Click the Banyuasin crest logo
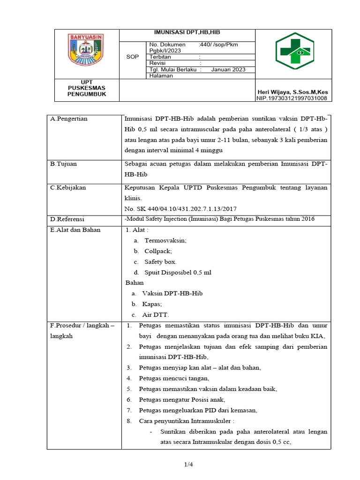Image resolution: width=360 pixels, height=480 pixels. click(87, 50)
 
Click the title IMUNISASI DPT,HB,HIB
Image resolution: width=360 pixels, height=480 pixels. click(187, 32)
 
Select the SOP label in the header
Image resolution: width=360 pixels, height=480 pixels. click(133, 57)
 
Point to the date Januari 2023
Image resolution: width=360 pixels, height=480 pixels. click(228, 69)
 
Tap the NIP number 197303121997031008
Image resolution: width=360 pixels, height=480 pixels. click(292, 98)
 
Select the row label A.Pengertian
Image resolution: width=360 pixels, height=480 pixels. click(69, 119)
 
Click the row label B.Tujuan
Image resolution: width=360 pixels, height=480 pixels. click(64, 164)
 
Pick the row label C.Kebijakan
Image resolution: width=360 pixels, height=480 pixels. click(68, 187)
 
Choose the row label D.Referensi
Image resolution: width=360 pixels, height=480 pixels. click(68, 219)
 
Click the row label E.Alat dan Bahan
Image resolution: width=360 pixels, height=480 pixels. click(75, 230)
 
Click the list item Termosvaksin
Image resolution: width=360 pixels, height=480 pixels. click(165, 240)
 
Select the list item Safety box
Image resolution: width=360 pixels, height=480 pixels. click(160, 262)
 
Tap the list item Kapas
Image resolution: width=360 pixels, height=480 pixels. click(152, 304)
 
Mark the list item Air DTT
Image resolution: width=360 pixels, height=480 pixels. click(155, 315)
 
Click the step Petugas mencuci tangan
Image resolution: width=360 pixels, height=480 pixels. click(174, 378)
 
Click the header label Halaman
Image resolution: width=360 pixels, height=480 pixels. click(161, 76)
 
